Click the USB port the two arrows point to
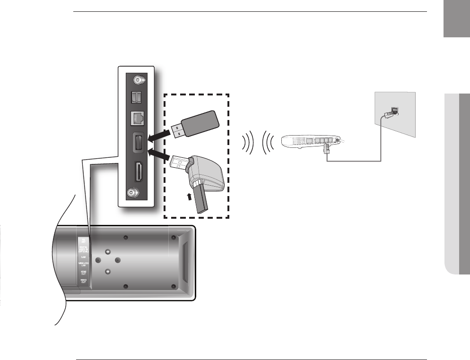pyautogui.click(x=139, y=142)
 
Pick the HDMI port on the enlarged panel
pyautogui.click(x=139, y=172)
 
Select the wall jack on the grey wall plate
pyautogui.click(x=394, y=110)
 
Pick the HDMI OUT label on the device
pyautogui.click(x=83, y=273)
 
